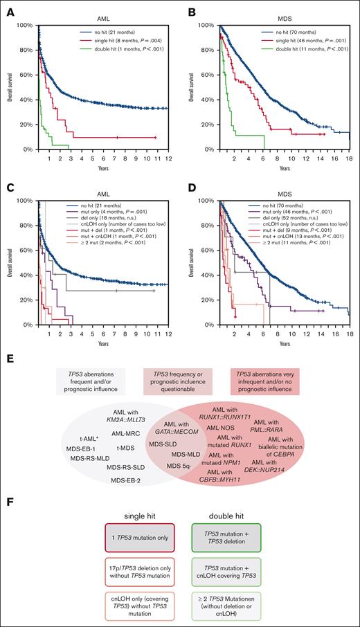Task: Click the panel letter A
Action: [x=6, y=6]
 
